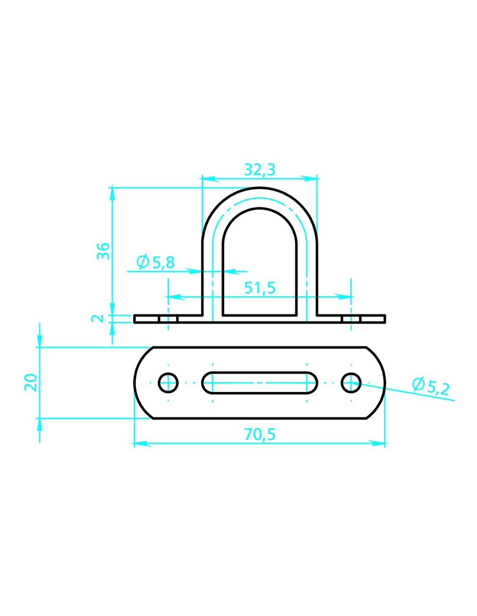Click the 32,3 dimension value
[259, 170]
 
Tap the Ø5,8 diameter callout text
[155, 262]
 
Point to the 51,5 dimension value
[260, 288]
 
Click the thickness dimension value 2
[97, 318]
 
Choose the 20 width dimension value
[31, 383]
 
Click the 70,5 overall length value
[260, 434]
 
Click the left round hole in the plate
[168, 383]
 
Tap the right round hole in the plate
[351, 383]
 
